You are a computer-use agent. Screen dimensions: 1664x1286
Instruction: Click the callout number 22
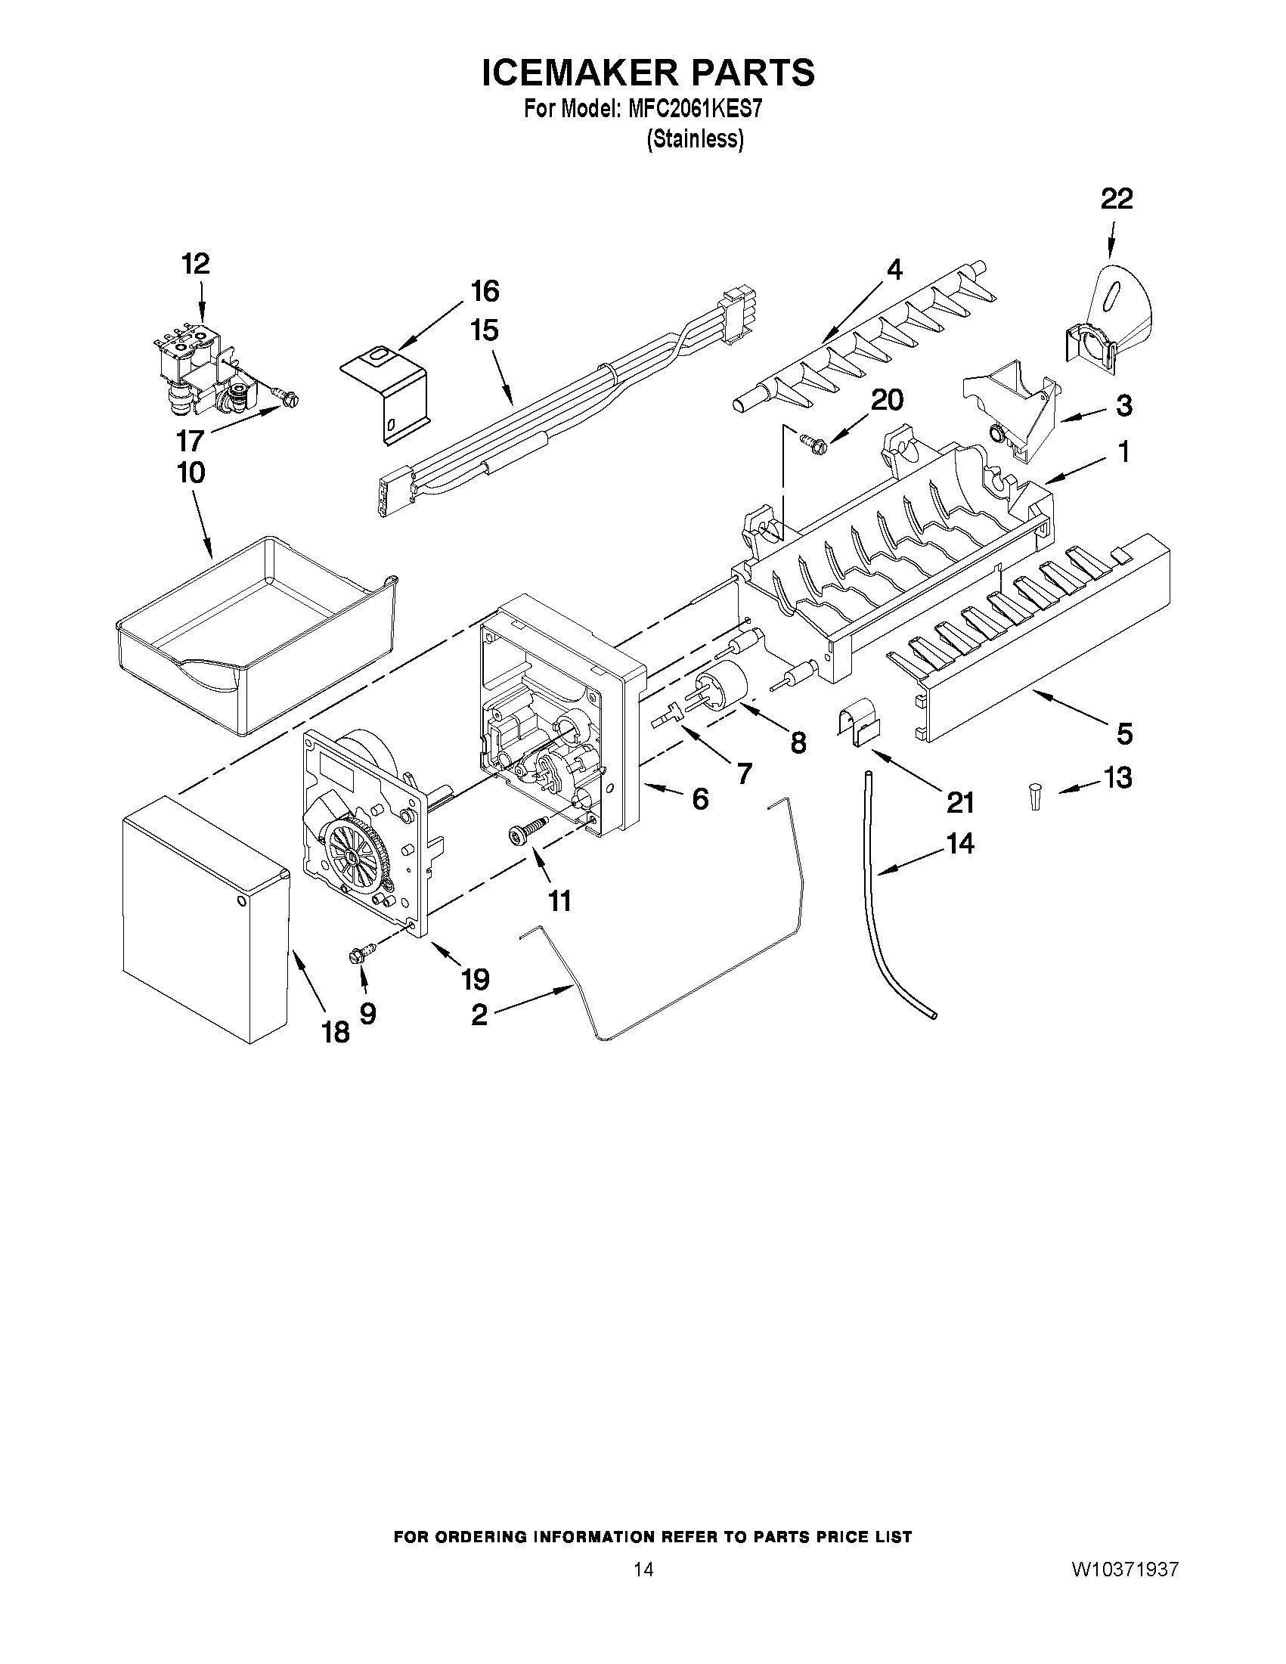(x=1116, y=199)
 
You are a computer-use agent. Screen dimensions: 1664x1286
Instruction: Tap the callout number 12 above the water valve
(x=195, y=264)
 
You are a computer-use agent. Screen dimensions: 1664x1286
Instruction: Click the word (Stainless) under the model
(x=694, y=139)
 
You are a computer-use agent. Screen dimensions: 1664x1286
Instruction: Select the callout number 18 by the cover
(x=335, y=1032)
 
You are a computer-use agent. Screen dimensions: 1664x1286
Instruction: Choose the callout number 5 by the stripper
(x=1124, y=733)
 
